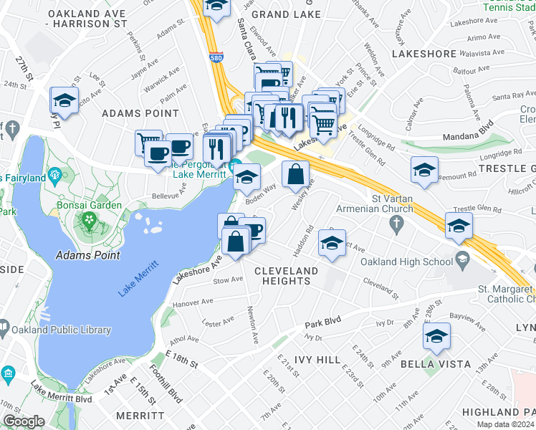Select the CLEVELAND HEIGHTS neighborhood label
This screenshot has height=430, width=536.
tap(286, 275)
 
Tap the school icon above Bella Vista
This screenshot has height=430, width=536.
tap(436, 337)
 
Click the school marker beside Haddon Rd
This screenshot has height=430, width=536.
tap(332, 244)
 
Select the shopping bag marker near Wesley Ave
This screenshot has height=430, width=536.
tap(296, 173)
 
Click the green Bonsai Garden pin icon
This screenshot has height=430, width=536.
tap(89, 219)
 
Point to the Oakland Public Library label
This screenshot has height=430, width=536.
tap(61, 330)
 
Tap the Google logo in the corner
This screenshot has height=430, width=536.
tap(24, 421)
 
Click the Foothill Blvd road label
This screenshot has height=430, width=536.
tap(166, 383)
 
